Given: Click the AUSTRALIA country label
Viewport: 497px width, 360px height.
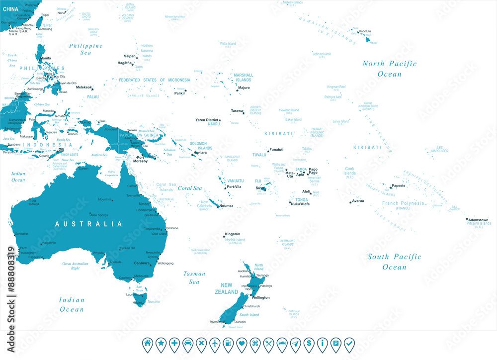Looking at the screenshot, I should coord(88,224).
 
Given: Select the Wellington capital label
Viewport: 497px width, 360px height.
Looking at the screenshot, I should coord(261,297).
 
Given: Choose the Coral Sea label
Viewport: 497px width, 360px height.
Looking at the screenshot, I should coord(190,188).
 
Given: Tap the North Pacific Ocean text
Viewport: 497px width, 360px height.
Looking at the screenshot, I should coord(389,69).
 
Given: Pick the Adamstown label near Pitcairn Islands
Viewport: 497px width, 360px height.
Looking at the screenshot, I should coord(478,220).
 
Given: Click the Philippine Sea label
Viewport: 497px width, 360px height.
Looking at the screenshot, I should coord(86,49).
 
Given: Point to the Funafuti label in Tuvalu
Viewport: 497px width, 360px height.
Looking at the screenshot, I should coord(276,149).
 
